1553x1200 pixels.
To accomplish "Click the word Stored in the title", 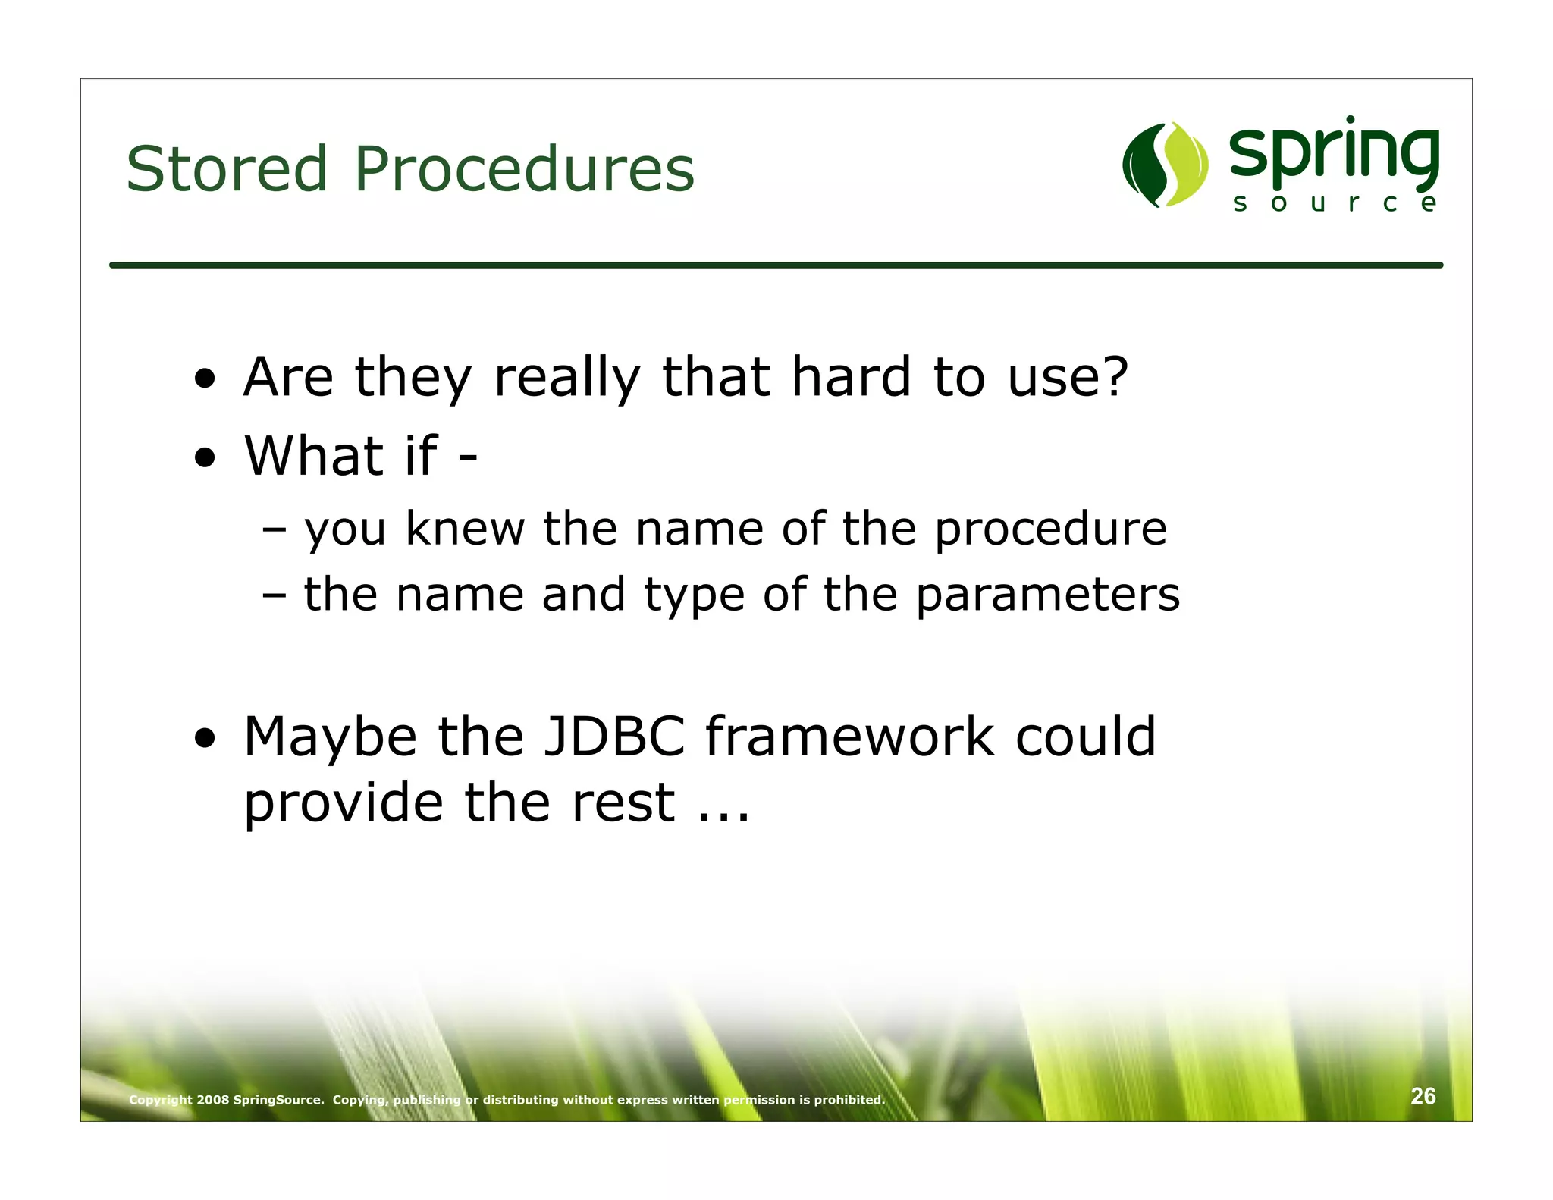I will click(226, 168).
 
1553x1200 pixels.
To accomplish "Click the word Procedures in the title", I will click(524, 168).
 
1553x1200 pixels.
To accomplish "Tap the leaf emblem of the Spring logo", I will click(1165, 164).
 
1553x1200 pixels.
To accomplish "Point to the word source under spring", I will click(1334, 203).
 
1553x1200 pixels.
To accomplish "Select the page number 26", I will click(1423, 1096).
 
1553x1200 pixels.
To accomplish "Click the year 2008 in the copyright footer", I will click(212, 1100).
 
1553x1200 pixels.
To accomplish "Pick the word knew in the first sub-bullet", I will click(465, 528).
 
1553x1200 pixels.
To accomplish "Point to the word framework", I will click(849, 737).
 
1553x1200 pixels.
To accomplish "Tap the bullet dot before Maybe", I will click(205, 738).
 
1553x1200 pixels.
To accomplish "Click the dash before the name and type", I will click(274, 595).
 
